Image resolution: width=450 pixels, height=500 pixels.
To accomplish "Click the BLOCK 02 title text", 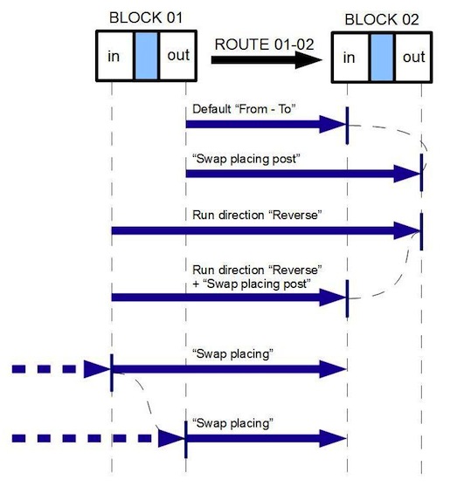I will coord(381,18).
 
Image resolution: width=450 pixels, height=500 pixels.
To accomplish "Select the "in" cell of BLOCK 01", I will coord(114,56).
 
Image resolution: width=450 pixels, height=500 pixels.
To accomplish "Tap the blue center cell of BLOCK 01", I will coord(147,56).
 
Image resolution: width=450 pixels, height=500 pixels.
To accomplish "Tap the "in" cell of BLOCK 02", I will coord(350,58).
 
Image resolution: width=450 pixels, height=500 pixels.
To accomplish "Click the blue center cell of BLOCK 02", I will coord(382,58).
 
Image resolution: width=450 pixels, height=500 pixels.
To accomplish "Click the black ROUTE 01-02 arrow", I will coord(266,60).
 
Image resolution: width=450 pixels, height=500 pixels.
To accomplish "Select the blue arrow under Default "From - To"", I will coord(266,125).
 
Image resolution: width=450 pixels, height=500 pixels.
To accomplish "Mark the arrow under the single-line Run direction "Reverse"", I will coord(266,230).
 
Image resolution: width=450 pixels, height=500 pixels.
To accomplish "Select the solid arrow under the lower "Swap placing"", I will coord(266,436).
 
